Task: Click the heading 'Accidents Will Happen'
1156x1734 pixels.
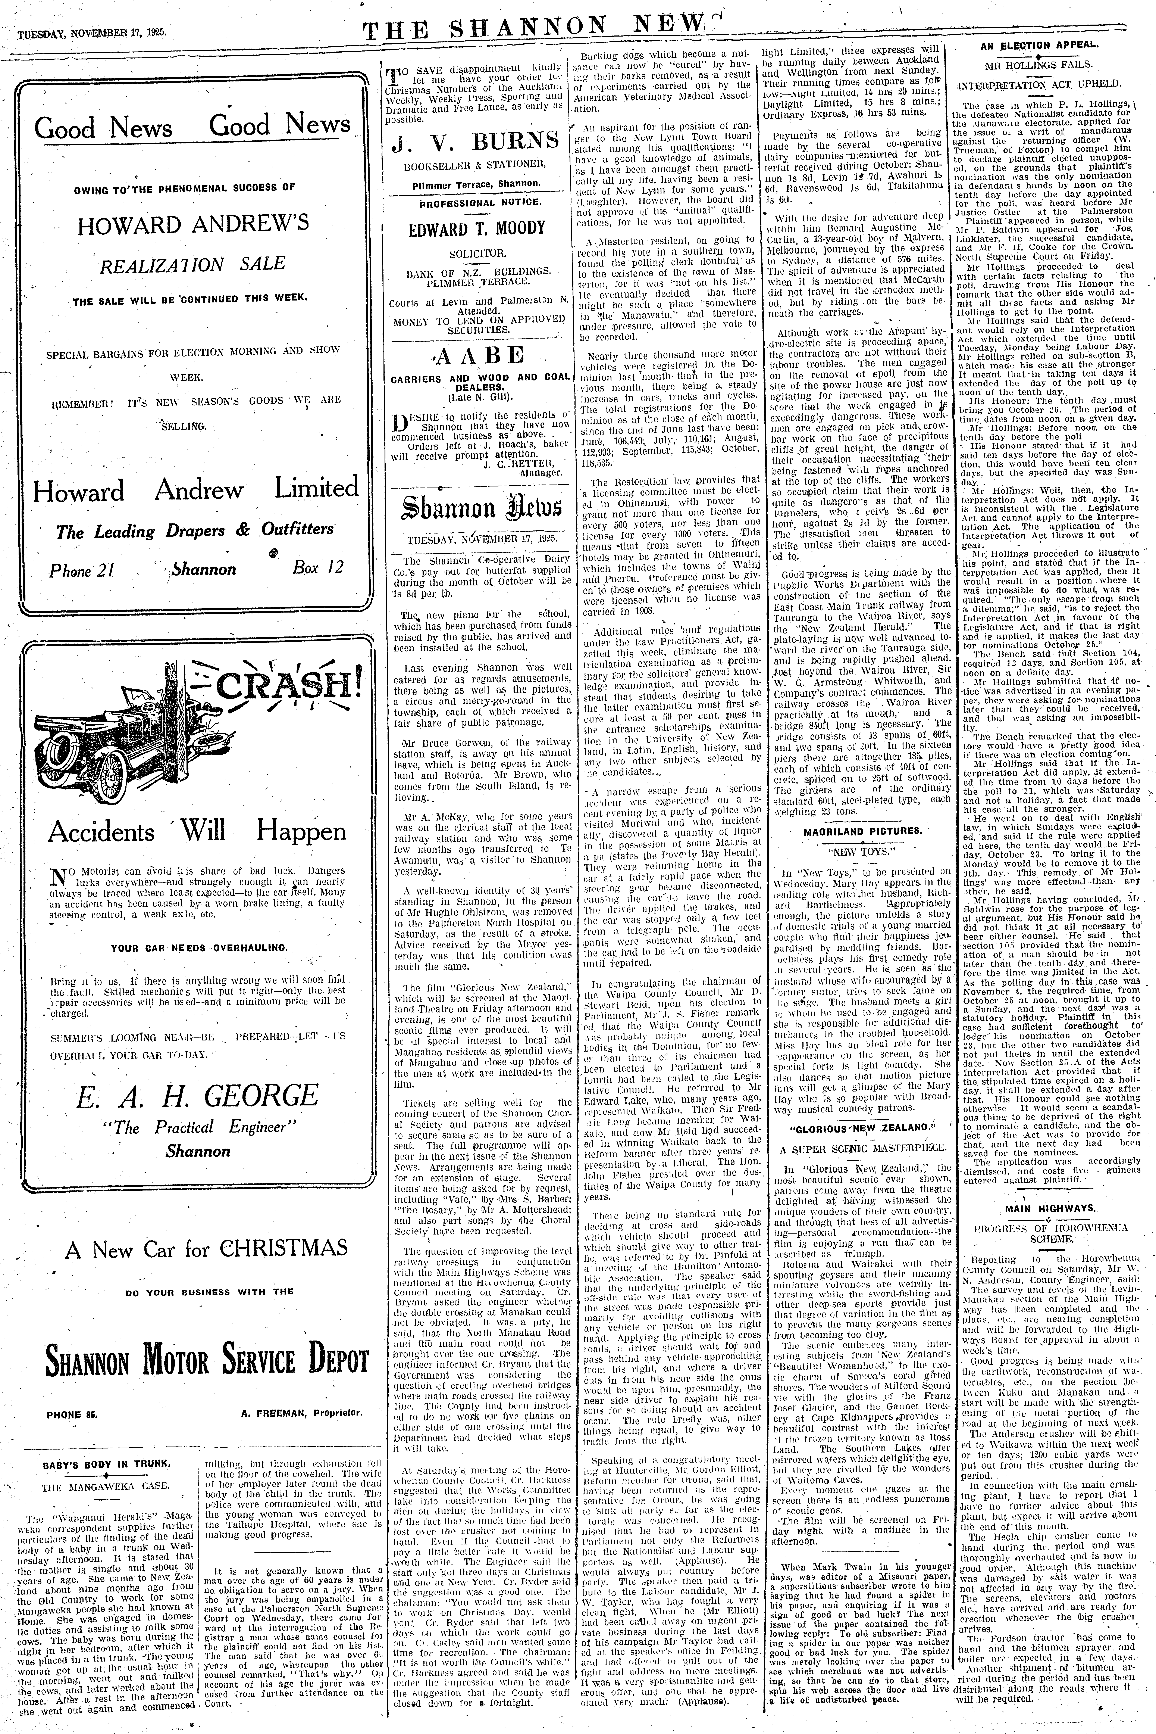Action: pos(197,832)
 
